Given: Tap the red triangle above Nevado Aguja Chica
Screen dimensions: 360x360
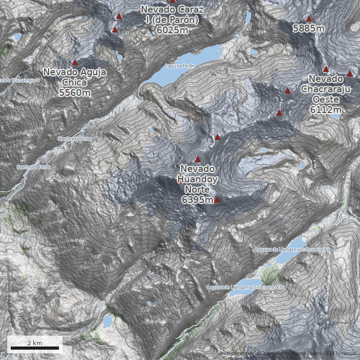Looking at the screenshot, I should (x=75, y=63).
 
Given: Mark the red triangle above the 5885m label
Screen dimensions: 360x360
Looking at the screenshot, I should (x=309, y=19).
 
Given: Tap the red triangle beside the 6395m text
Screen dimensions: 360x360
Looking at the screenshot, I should (x=217, y=199).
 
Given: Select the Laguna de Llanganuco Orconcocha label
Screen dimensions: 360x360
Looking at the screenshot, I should (x=292, y=249).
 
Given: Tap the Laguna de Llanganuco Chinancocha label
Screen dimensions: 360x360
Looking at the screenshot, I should (x=246, y=287).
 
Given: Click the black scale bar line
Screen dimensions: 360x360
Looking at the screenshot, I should (x=35, y=348).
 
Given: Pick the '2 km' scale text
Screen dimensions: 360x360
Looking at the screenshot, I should (x=35, y=343).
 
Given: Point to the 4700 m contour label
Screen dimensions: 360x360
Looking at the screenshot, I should (x=67, y=17).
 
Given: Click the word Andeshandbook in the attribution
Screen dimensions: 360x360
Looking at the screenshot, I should (x=237, y=354).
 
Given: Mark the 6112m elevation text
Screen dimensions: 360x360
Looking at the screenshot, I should (x=325, y=109).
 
